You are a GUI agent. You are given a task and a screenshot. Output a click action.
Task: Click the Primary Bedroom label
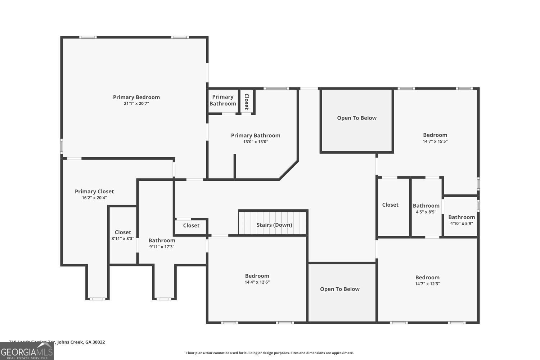(136, 97)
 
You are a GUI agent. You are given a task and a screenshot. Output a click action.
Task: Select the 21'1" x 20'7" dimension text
(136, 104)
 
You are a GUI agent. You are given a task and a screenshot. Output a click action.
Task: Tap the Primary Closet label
(94, 192)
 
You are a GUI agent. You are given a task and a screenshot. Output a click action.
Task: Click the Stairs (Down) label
(274, 225)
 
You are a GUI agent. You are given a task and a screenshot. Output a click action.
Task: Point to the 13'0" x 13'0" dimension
(256, 142)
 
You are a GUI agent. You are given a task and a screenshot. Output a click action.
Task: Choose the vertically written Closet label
(247, 102)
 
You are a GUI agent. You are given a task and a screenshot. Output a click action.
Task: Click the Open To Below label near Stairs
(339, 289)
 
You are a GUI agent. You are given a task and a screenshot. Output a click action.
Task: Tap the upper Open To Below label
(356, 118)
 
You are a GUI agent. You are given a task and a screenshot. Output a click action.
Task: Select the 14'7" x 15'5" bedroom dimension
(435, 141)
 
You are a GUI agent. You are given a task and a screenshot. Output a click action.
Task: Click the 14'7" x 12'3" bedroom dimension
(427, 284)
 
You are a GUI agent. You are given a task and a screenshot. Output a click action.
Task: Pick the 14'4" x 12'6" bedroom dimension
(257, 282)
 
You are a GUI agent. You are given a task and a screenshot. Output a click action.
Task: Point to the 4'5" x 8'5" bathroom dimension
(426, 212)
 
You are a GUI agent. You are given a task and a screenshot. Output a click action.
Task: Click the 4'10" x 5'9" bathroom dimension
(461, 224)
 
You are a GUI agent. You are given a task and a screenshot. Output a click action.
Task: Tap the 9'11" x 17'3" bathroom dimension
(162, 247)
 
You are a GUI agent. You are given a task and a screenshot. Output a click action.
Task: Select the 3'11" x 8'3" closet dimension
(123, 239)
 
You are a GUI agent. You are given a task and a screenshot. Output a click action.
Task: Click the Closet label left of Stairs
(191, 226)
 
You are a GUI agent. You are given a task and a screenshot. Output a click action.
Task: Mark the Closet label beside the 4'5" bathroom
(390, 205)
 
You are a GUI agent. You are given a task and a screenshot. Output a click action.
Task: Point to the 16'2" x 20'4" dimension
(94, 198)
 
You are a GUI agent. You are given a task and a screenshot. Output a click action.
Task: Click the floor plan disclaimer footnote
(270, 353)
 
